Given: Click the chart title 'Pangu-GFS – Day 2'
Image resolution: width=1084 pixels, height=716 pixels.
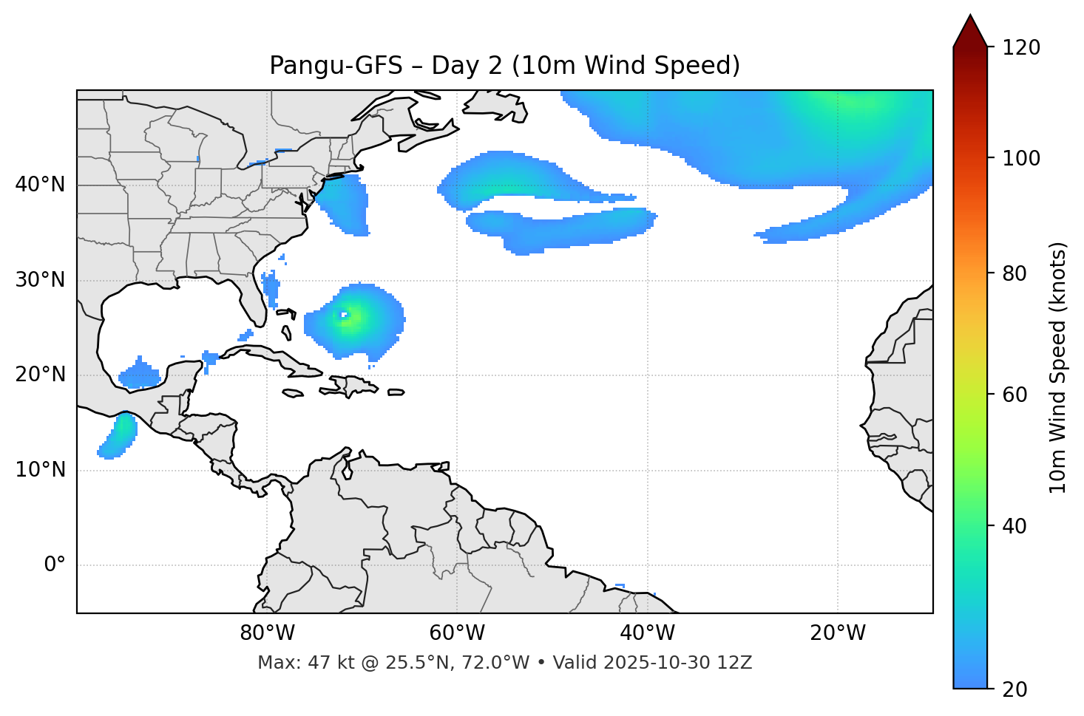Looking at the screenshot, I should click(504, 66).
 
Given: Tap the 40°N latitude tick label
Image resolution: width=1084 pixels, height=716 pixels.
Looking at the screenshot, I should click(40, 185).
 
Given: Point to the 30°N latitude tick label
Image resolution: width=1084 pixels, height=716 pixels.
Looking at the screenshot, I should click(40, 280).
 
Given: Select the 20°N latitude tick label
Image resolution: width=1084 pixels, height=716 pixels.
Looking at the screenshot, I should click(40, 375).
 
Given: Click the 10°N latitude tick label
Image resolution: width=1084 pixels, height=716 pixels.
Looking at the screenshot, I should click(40, 470).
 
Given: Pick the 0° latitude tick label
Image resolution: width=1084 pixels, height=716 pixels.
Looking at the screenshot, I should click(55, 565).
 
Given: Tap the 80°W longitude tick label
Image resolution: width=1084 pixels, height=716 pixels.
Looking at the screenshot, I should click(267, 633).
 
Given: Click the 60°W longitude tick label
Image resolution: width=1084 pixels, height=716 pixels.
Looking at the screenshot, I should click(457, 633).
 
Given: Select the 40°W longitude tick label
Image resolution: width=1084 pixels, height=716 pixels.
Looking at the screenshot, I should click(647, 633).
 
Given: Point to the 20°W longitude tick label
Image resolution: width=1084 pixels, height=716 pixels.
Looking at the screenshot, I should click(837, 633).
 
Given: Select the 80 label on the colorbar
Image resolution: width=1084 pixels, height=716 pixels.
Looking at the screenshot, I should click(1020, 273).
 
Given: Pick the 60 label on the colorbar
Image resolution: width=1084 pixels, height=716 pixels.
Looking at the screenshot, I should click(1020, 395).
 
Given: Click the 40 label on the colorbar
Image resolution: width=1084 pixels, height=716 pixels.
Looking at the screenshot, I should click(1020, 526).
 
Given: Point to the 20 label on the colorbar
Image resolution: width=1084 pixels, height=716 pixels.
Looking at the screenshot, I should click(1020, 689).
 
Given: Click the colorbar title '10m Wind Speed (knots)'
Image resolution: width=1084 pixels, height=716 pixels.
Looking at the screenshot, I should click(1058, 367).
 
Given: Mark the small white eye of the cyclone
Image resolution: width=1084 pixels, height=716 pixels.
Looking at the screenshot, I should click(343, 316).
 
